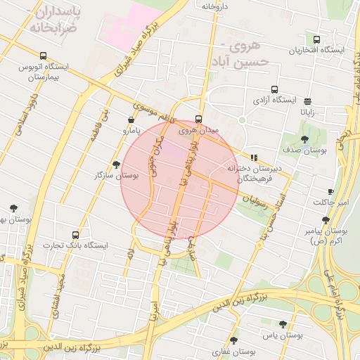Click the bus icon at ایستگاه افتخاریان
316,40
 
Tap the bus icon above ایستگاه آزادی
274,89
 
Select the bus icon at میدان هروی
199,119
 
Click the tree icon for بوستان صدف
304,140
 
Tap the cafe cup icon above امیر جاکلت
330,191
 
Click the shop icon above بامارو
131,120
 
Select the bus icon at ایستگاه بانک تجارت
76,235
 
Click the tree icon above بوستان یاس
283,324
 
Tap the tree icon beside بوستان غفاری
233,340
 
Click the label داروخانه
215,6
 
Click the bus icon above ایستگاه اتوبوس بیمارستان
43,56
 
